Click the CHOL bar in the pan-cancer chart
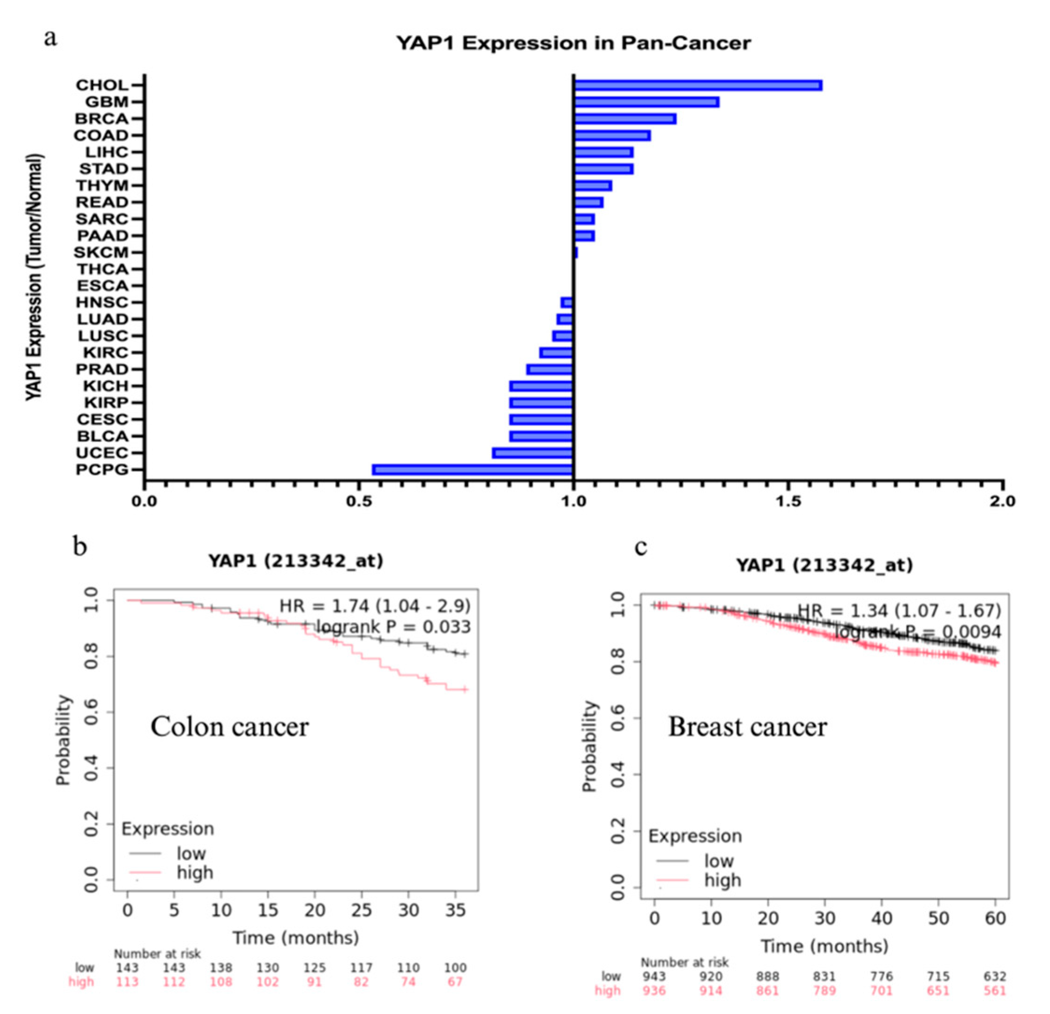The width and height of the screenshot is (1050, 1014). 697,85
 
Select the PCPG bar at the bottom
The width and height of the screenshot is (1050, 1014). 473,470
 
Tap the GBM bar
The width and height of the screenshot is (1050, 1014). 646,102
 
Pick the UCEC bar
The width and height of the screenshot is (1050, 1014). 532,453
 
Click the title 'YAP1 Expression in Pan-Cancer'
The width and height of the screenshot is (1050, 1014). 573,43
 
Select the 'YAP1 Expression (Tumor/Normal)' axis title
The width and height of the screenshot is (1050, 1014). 35,277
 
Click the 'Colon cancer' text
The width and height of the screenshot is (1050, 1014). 229,727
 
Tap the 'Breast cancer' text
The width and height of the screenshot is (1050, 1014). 747,727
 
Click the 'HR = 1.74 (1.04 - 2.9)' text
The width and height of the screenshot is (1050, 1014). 375,606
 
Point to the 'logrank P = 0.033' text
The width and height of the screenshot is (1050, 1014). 393,626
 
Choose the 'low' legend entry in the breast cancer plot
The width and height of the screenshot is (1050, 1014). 718,861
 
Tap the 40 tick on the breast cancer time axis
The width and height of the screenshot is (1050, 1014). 882,918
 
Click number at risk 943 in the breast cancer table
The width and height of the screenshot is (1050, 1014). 654,977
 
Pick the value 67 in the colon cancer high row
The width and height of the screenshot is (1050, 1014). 455,982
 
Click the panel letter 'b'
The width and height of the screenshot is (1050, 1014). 80,547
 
